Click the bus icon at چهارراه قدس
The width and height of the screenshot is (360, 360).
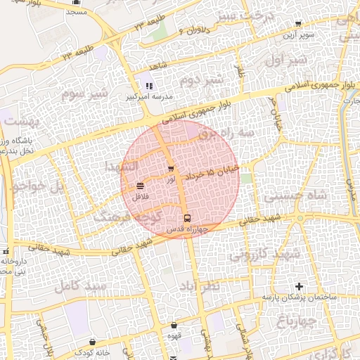pyautogui.click(x=187, y=218)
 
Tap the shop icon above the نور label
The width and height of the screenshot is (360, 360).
pyautogui.click(x=171, y=168)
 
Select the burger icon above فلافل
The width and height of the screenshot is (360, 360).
pyautogui.click(x=141, y=186)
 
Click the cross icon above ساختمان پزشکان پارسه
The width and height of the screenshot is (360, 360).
pyautogui.click(x=300, y=286)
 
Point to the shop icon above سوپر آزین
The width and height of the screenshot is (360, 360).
pyautogui.click(x=298, y=23)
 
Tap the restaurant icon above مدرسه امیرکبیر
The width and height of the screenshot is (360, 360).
pyautogui.click(x=148, y=85)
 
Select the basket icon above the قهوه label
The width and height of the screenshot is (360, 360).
pyautogui.click(x=174, y=326)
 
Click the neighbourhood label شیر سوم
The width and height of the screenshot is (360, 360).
pyautogui.click(x=84, y=93)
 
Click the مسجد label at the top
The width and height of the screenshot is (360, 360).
pyautogui.click(x=76, y=13)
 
